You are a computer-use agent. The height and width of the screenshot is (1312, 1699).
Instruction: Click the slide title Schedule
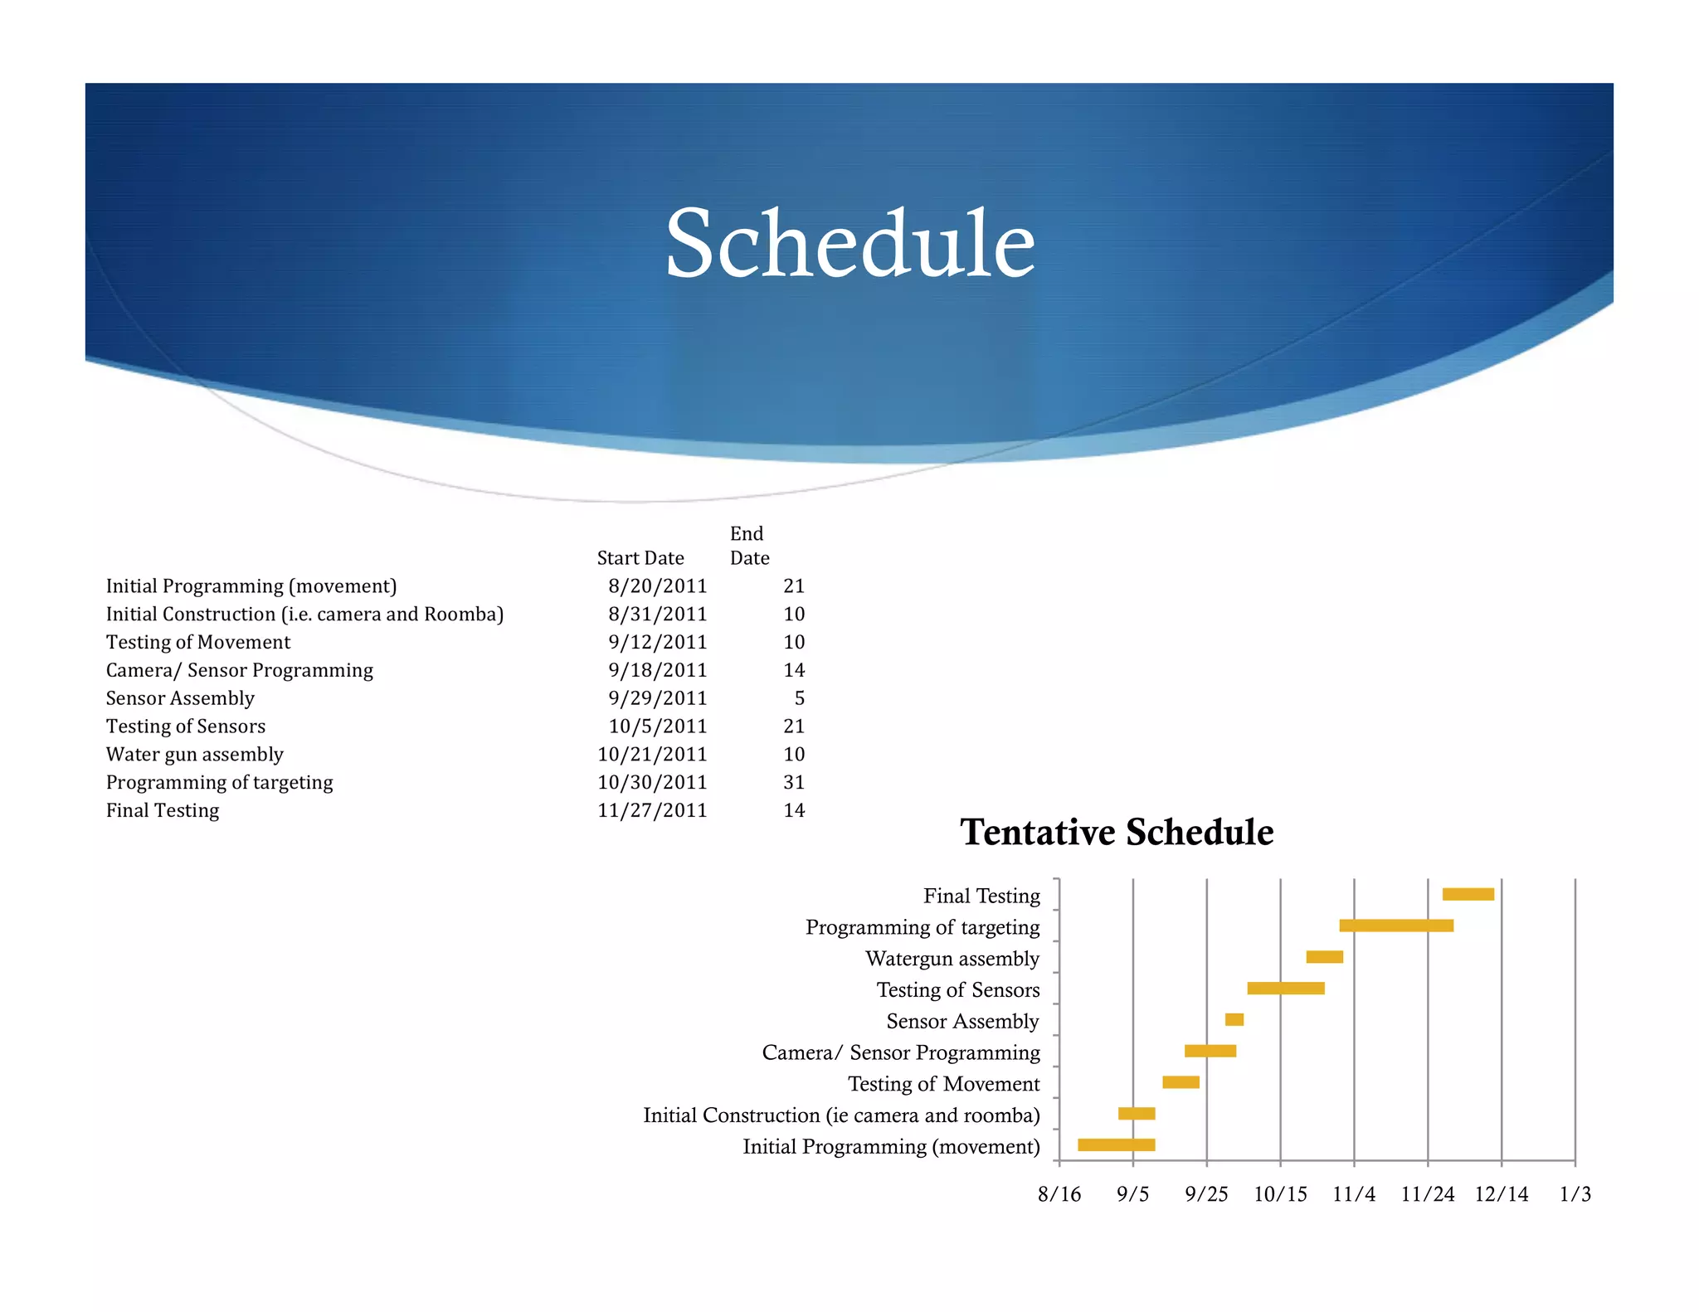pos(849,244)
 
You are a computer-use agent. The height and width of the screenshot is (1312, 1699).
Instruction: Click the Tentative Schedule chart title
pos(1116,832)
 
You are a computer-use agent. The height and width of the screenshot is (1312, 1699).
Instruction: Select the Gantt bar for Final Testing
pos(1468,894)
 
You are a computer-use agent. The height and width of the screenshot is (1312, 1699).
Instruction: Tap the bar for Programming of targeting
pos(1395,926)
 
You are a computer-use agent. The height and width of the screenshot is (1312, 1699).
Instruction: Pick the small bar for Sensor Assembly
pos(1234,1019)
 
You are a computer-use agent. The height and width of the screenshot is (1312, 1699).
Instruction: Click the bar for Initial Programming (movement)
pos(1116,1145)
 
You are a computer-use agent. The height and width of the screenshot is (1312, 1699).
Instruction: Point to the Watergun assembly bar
pos(1324,957)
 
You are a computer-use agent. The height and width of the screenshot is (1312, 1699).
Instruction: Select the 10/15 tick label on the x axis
pos(1279,1194)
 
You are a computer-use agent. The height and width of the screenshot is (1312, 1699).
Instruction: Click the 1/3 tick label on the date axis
pos(1575,1194)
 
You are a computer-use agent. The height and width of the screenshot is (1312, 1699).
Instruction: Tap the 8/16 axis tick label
pos(1059,1194)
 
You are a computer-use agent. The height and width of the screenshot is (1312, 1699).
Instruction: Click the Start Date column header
pos(640,558)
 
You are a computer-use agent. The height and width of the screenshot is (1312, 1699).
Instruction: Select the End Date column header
pos(748,546)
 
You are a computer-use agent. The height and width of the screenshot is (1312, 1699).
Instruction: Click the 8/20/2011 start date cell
pos(657,586)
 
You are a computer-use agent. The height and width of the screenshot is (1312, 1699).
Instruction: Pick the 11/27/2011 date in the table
pos(652,810)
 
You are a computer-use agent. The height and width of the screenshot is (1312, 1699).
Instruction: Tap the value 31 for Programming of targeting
pos(794,782)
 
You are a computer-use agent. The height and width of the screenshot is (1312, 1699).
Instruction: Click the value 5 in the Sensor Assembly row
pos(799,698)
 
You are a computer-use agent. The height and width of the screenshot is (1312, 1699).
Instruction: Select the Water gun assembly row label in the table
pos(195,755)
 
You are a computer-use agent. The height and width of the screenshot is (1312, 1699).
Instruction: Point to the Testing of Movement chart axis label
pos(943,1084)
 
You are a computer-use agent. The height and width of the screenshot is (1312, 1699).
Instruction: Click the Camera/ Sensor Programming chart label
pos(900,1052)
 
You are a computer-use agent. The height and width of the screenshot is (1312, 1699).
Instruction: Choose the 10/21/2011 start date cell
pos(652,755)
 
